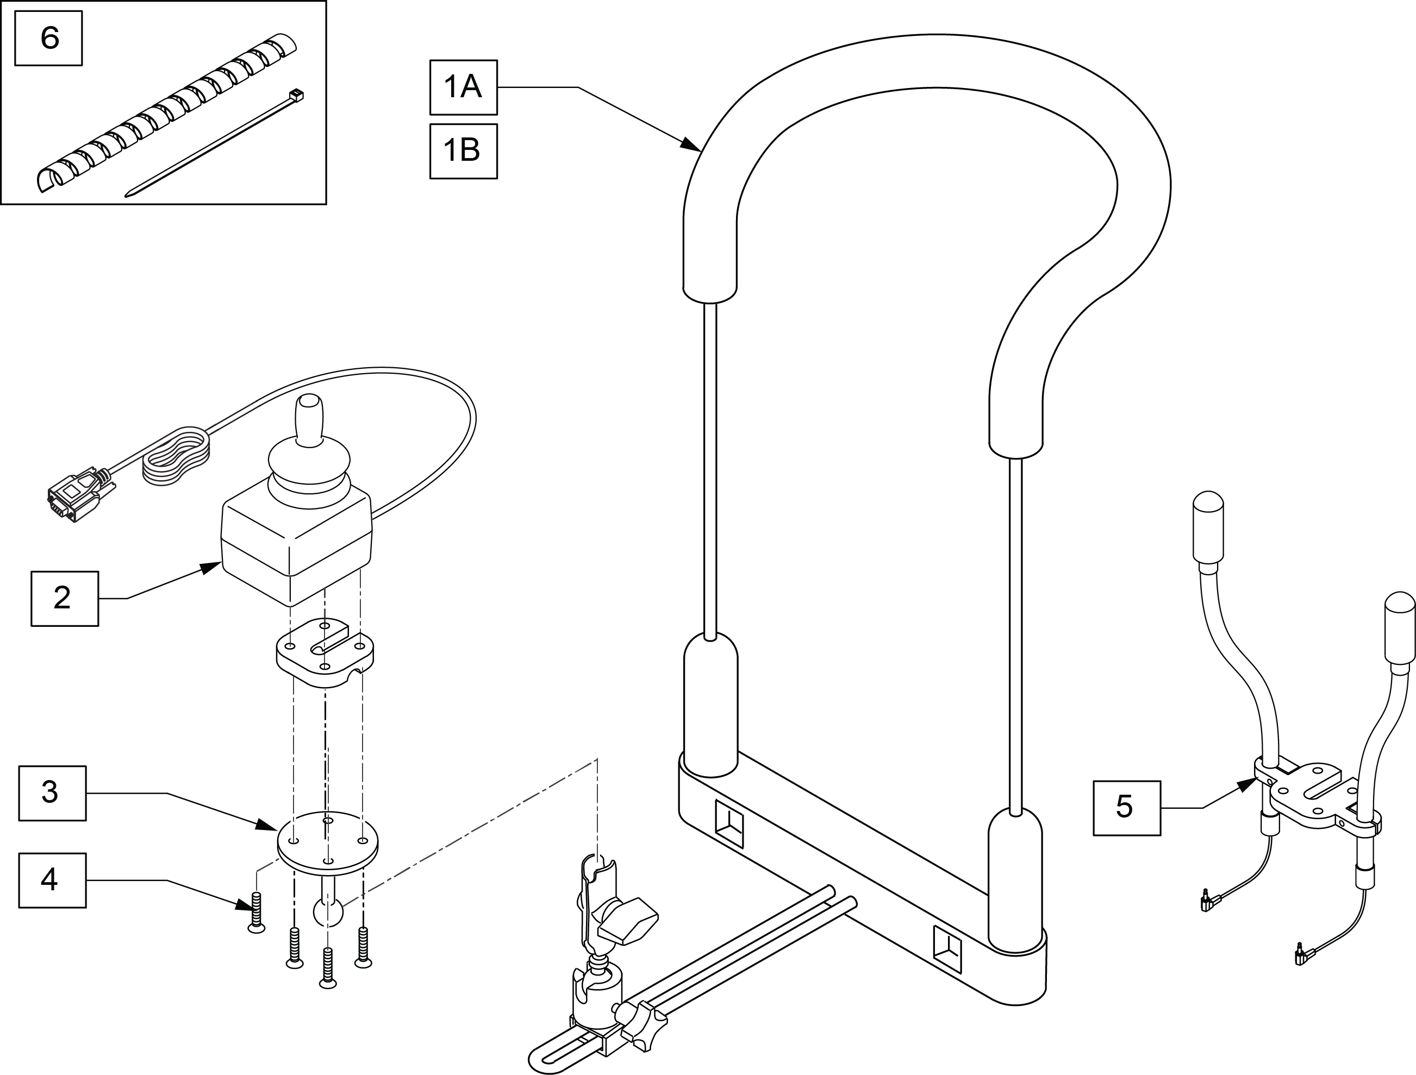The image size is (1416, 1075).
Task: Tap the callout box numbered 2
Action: tap(65, 598)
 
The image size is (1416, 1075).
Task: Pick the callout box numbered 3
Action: tap(53, 793)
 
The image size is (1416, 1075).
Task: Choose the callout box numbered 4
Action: tap(53, 880)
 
